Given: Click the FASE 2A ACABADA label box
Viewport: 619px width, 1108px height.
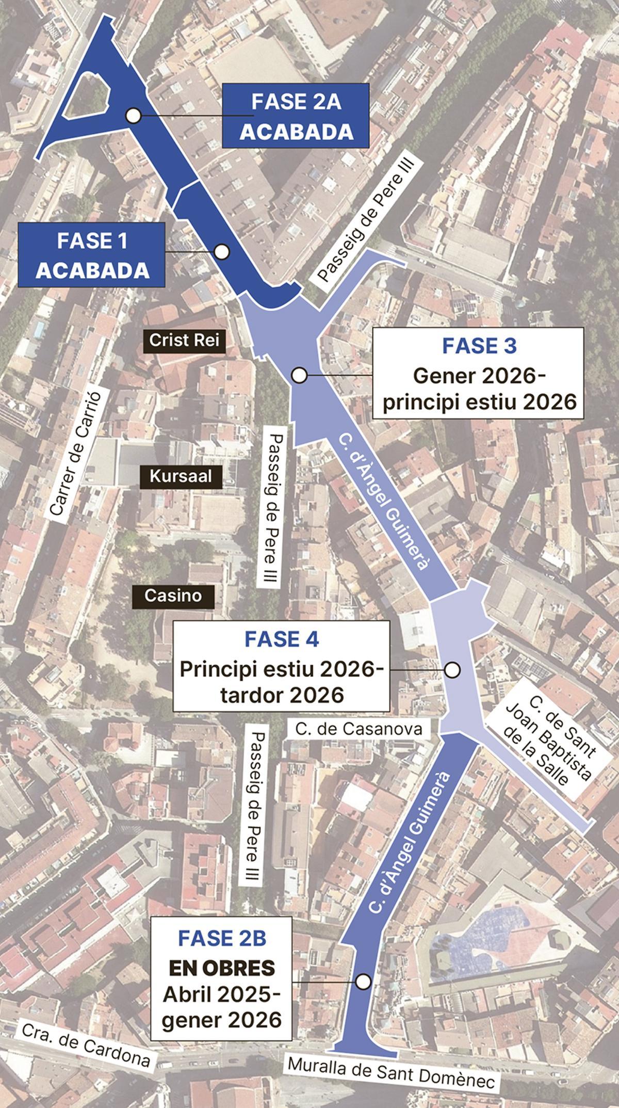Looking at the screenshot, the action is pyautogui.click(x=296, y=116).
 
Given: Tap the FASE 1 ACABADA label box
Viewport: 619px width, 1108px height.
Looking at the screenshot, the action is pyautogui.click(x=92, y=255).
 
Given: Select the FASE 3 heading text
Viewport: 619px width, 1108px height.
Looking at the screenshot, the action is pyautogui.click(x=479, y=346).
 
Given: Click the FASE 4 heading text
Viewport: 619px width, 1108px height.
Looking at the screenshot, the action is pyautogui.click(x=282, y=639).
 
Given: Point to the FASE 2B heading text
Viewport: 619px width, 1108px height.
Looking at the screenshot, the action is pyautogui.click(x=222, y=938).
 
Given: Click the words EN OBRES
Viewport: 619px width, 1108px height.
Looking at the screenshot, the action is pyautogui.click(x=222, y=968).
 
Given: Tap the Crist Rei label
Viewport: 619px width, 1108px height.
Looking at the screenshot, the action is pyautogui.click(x=184, y=340).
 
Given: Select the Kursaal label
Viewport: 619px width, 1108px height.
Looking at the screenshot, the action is pyautogui.click(x=181, y=476).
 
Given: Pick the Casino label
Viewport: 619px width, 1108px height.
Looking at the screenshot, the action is pyautogui.click(x=172, y=596).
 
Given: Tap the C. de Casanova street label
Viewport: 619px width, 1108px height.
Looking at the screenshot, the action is pyautogui.click(x=359, y=728).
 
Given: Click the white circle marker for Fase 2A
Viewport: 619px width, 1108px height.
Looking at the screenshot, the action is pyautogui.click(x=134, y=116).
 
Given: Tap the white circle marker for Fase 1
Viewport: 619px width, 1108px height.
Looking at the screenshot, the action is pyautogui.click(x=222, y=251).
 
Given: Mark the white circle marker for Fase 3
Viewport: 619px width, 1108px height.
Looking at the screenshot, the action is pyautogui.click(x=299, y=375).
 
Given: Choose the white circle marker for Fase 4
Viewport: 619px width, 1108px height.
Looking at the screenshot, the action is pyautogui.click(x=452, y=670).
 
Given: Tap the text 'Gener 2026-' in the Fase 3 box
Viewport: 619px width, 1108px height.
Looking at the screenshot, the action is pyautogui.click(x=479, y=376).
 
